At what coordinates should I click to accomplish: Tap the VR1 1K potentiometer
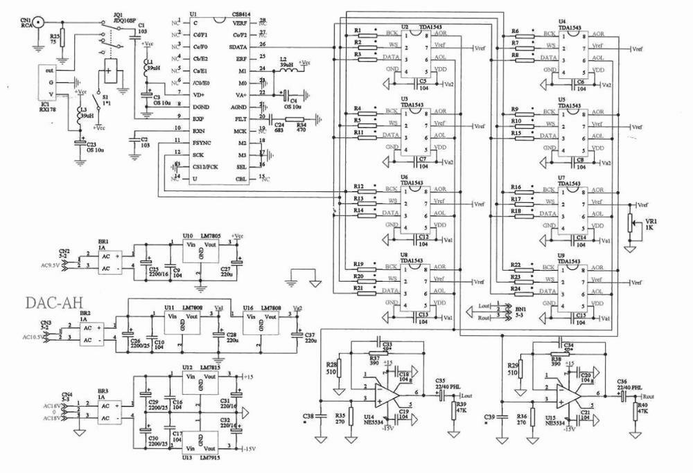(x=629, y=222)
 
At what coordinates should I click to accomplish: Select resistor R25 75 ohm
(x=63, y=37)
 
